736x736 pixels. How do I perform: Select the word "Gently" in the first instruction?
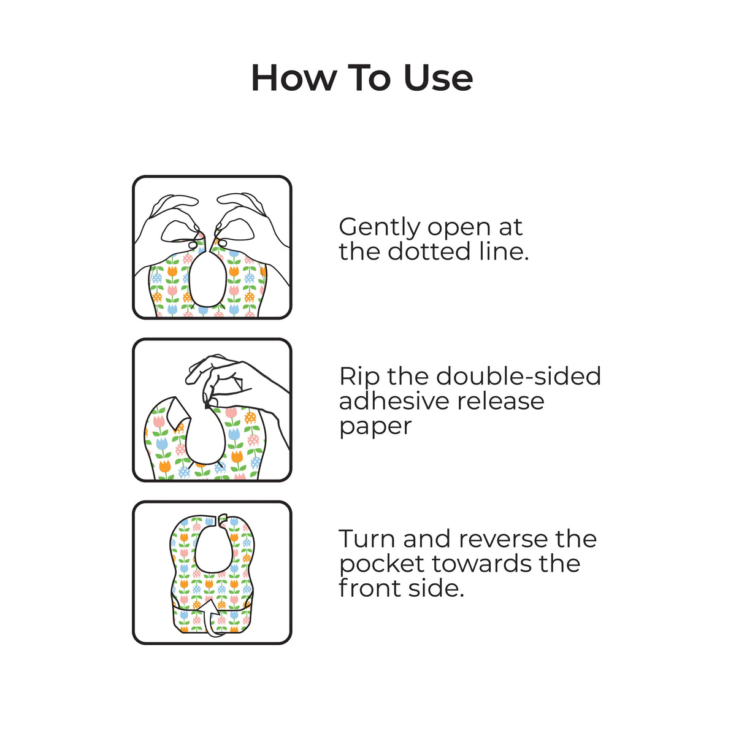pos(380,228)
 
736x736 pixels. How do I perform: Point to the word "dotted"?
pos(429,252)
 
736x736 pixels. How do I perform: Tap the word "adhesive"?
pos(394,401)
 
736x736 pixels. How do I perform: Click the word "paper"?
pos(375,427)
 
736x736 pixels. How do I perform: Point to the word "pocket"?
pos(381,564)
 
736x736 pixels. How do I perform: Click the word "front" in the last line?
pos(369,589)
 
